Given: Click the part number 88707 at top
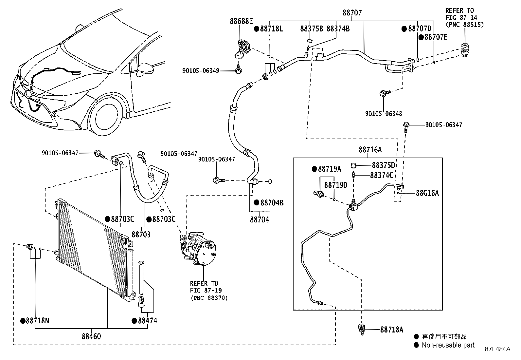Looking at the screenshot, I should tap(352, 13).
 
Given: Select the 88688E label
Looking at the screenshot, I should tap(241, 21).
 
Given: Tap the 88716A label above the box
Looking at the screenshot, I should tap(370, 150).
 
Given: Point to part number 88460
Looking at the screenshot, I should tap(91, 336).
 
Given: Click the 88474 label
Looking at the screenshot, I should tap(147, 321).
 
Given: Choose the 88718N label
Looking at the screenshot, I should tap(37, 321).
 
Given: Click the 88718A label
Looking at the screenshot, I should tap(392, 330).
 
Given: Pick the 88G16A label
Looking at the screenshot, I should tap(427, 193).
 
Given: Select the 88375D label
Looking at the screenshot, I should tap(383, 165).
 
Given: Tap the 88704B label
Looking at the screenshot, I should tap(272, 203).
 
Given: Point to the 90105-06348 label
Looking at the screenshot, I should tap(384, 114).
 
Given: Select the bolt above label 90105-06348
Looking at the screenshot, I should tap(383, 94).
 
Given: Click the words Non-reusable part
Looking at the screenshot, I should tap(448, 345).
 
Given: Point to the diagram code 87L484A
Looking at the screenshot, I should tap(497, 349).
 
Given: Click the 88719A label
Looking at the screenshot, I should tap(329, 169).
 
